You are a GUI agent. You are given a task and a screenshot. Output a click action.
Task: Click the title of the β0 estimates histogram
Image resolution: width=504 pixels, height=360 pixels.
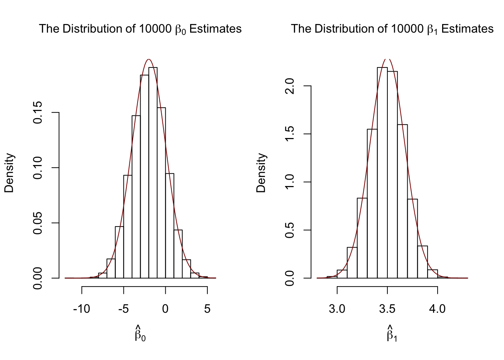pyautogui.click(x=140, y=29)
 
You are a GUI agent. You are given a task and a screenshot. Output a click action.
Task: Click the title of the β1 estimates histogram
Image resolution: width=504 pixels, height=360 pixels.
pyautogui.click(x=392, y=29)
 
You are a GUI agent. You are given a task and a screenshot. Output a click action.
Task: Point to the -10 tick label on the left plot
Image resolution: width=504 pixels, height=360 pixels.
pyautogui.click(x=81, y=309)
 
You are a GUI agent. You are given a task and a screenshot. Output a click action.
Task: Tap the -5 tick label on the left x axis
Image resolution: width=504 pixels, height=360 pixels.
pyautogui.click(x=123, y=309)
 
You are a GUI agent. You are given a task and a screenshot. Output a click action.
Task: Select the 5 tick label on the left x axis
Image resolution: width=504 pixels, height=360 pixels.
pyautogui.click(x=207, y=309)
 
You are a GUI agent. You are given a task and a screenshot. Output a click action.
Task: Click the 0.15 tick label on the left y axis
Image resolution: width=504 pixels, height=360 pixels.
pyautogui.click(x=38, y=112)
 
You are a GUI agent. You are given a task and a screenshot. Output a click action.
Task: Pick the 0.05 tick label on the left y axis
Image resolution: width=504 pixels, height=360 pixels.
pyautogui.click(x=38, y=223)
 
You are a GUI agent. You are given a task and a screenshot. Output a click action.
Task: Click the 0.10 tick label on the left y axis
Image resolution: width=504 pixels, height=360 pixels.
pyautogui.click(x=38, y=168)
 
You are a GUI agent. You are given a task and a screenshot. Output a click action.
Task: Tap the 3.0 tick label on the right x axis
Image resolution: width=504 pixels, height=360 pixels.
pyautogui.click(x=337, y=309)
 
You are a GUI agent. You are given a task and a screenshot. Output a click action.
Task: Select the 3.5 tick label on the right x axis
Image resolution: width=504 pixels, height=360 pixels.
pyautogui.click(x=387, y=309)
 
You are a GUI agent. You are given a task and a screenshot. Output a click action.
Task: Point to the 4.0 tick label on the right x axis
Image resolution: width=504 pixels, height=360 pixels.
pyautogui.click(x=437, y=309)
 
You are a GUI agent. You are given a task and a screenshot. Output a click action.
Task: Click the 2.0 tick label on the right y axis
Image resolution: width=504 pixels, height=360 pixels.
pyautogui.click(x=290, y=86)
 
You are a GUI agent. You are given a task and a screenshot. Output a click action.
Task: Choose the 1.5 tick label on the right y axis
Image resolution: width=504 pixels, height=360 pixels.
pyautogui.click(x=290, y=134)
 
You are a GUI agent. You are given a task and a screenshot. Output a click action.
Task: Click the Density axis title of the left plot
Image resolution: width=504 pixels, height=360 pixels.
pyautogui.click(x=9, y=173)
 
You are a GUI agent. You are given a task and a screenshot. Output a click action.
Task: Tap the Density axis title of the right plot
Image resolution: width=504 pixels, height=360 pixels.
pyautogui.click(x=261, y=173)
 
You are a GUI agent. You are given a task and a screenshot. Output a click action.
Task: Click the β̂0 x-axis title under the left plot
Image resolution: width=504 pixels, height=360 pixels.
pyautogui.click(x=140, y=334)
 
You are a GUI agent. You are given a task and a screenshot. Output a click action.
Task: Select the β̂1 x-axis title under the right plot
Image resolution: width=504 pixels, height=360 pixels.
pyautogui.click(x=392, y=334)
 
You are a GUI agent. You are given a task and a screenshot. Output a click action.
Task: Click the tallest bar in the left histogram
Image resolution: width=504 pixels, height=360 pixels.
pyautogui.click(x=153, y=172)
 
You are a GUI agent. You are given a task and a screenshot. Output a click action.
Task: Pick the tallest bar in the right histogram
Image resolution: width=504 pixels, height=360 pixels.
pyautogui.click(x=382, y=172)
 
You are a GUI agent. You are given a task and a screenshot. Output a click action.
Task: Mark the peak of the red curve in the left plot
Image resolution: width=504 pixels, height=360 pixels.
pyautogui.click(x=149, y=59)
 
